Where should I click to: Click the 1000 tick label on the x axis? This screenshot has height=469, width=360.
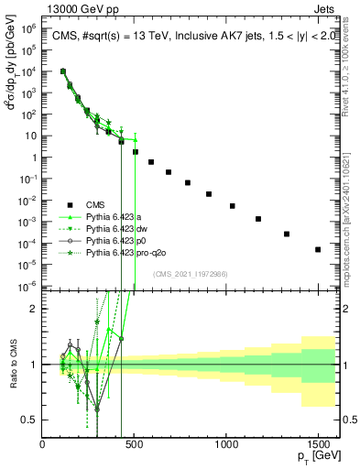(226, 443)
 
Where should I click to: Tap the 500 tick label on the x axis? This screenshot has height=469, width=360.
(135, 443)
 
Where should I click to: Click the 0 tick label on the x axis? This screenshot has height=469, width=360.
(43, 443)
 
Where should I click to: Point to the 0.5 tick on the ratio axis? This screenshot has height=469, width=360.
(29, 420)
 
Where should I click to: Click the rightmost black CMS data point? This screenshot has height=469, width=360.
(318, 249)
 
